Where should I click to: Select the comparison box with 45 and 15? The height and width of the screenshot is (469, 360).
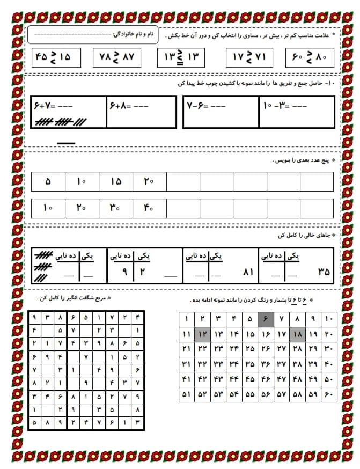tap(54, 57)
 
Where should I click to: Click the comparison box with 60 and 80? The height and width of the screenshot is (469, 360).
tap(310, 57)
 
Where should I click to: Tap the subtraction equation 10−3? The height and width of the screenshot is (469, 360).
tap(285, 106)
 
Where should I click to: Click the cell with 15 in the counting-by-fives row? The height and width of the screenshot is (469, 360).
tap(116, 181)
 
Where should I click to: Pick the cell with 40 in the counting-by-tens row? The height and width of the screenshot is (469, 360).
tap(149, 208)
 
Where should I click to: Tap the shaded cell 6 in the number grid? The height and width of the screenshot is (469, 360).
tap(265, 320)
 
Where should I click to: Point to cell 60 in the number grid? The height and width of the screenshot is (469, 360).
tap(328, 394)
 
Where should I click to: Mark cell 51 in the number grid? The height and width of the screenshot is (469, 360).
tap(187, 394)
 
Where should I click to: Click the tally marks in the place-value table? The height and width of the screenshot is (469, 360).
tap(40, 266)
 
